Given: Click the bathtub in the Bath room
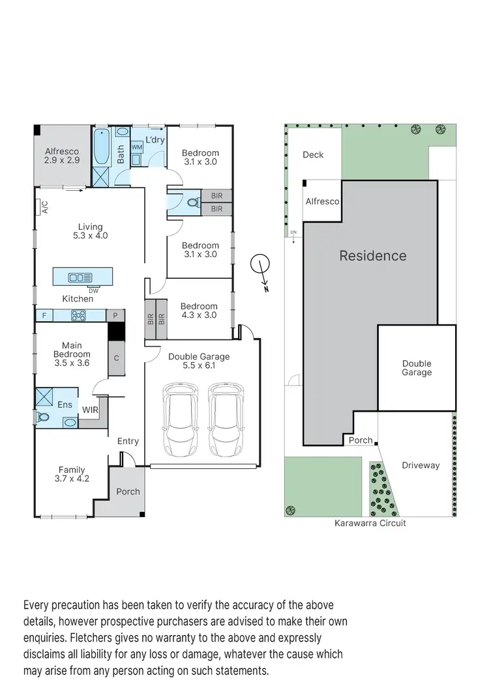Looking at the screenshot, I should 101,147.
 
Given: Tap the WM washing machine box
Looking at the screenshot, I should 137,148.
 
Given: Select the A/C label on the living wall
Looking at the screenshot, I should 44,206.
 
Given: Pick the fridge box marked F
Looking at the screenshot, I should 44,316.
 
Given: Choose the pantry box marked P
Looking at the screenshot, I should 115,316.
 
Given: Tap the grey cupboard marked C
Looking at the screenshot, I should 116,358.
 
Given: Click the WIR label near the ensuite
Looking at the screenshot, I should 90,410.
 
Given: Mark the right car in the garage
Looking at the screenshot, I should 226,421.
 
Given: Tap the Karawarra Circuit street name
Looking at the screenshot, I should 370,523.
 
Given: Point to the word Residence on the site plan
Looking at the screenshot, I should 372,256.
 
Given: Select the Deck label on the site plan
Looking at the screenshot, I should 313,155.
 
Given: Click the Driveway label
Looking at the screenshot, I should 421,466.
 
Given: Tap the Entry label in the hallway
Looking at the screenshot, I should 128,441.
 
